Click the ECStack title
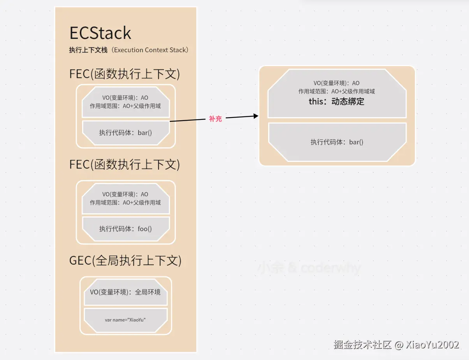click(x=100, y=33)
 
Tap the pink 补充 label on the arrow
click(x=215, y=119)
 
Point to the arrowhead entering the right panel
click(x=256, y=116)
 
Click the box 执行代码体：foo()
click(x=126, y=229)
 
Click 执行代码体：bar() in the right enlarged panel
click(x=337, y=142)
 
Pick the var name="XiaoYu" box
click(x=126, y=320)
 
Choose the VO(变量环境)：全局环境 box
click(x=126, y=292)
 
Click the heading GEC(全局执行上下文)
click(x=125, y=260)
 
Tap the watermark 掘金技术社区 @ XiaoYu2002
click(x=396, y=344)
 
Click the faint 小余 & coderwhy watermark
click(x=309, y=268)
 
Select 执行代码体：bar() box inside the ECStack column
click(x=126, y=133)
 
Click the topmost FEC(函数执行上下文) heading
click(x=125, y=74)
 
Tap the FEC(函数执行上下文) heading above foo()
click(x=125, y=164)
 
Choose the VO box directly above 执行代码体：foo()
click(x=126, y=198)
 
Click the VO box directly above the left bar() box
click(x=126, y=102)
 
